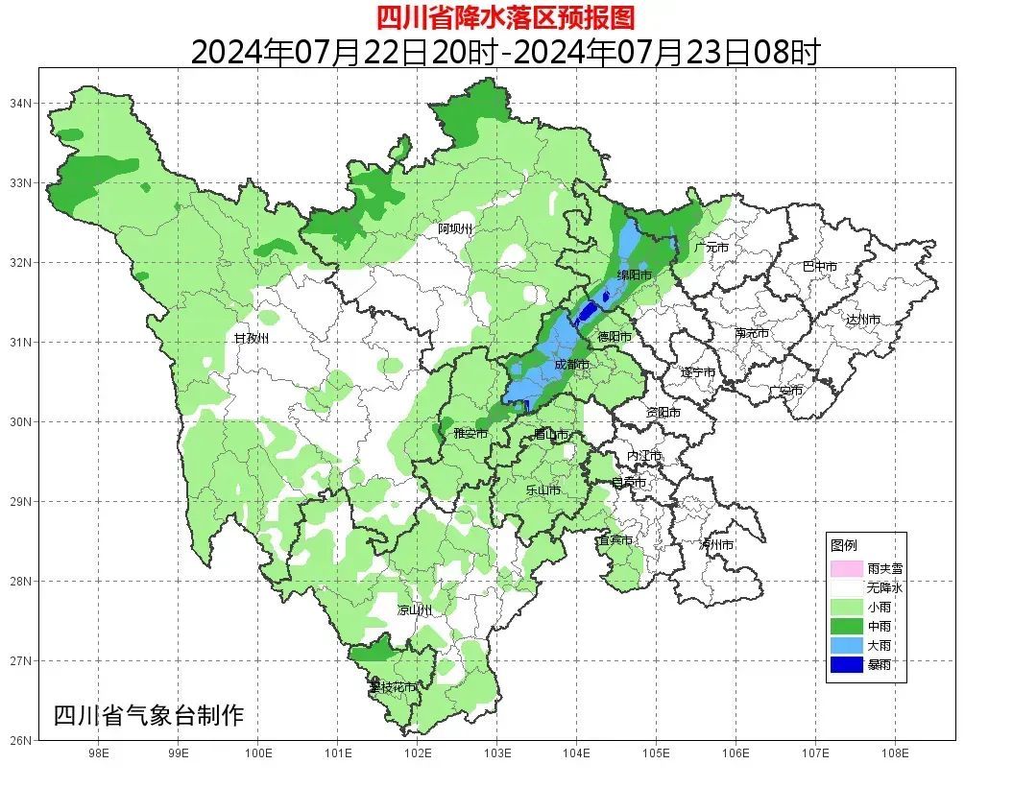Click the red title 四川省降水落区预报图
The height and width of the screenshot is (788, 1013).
click(505, 17)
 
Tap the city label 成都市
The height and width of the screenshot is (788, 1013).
click(572, 365)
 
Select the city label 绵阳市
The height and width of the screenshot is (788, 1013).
click(634, 275)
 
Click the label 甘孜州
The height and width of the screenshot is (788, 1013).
click(252, 339)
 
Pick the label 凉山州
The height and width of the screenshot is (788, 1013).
click(415, 610)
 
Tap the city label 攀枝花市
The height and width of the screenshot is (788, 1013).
click(394, 687)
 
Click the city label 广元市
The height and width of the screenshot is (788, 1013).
click(712, 248)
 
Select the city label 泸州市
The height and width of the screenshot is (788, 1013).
click(717, 544)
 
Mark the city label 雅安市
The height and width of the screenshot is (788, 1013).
click(470, 434)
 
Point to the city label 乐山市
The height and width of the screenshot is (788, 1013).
click(543, 490)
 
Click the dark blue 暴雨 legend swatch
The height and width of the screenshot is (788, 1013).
click(847, 664)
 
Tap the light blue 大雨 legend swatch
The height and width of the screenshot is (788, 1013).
click(847, 645)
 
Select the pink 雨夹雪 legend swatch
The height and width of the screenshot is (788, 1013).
click(847, 568)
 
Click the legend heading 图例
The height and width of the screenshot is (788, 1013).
click(844, 545)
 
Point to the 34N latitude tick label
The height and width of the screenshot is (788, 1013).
click(22, 103)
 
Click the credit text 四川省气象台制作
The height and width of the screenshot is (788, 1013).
click(149, 715)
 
